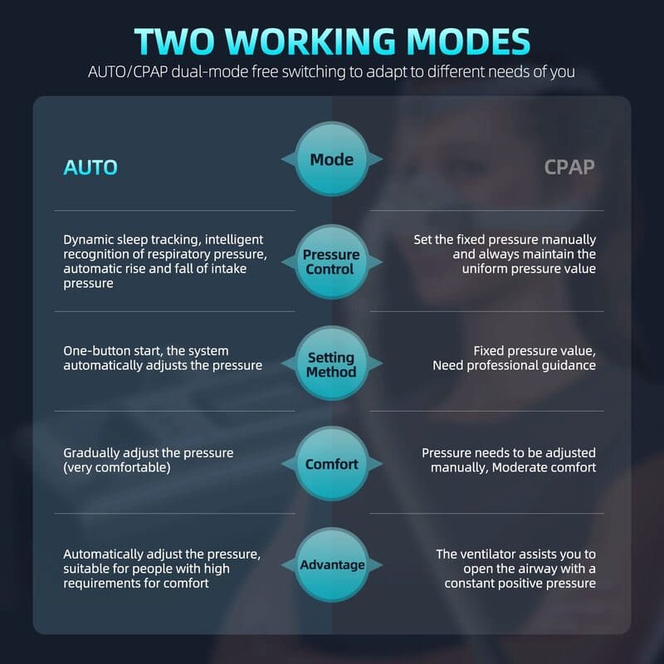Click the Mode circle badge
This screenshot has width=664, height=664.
pos(331,159)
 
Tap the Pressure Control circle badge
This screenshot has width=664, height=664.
pos(331,261)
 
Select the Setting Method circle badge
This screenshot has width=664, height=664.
pos(331,364)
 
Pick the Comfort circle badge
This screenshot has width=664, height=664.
pos(331,464)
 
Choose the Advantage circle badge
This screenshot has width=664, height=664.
pos(332,565)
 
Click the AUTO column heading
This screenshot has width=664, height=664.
pos(90,168)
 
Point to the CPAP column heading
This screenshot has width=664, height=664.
pos(569,168)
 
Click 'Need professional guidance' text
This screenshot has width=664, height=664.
pos(514,365)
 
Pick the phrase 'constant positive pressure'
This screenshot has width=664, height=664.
pos(520,583)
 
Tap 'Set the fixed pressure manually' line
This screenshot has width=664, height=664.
pos(505,239)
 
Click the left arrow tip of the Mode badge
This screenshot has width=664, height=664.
pos(283,159)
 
